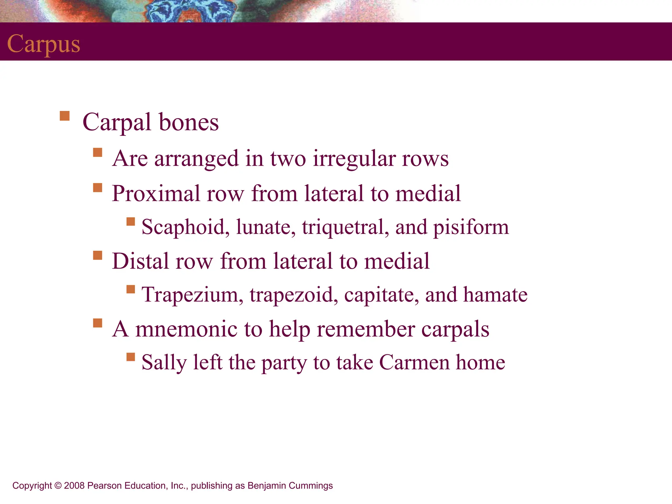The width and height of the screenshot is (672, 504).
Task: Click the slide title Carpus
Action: [x=44, y=44]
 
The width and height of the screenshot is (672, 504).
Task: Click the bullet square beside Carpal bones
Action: [x=65, y=116]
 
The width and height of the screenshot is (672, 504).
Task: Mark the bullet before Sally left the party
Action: [x=131, y=357]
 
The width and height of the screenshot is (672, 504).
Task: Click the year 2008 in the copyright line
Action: [x=74, y=486]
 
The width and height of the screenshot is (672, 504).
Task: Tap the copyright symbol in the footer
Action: [x=58, y=486]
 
